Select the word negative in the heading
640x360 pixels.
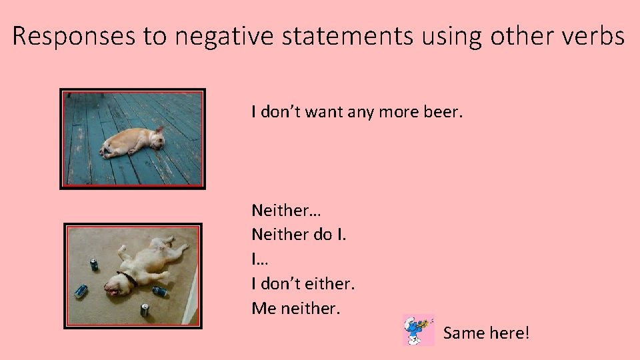tap(223, 37)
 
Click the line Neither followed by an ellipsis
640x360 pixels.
tap(286, 211)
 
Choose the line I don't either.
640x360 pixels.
tap(303, 285)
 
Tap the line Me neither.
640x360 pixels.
tap(296, 309)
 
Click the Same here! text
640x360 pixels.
tap(486, 332)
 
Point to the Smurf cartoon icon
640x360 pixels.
tap(418, 330)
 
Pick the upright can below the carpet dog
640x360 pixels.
tap(144, 309)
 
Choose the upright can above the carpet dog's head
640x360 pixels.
tap(93, 265)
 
